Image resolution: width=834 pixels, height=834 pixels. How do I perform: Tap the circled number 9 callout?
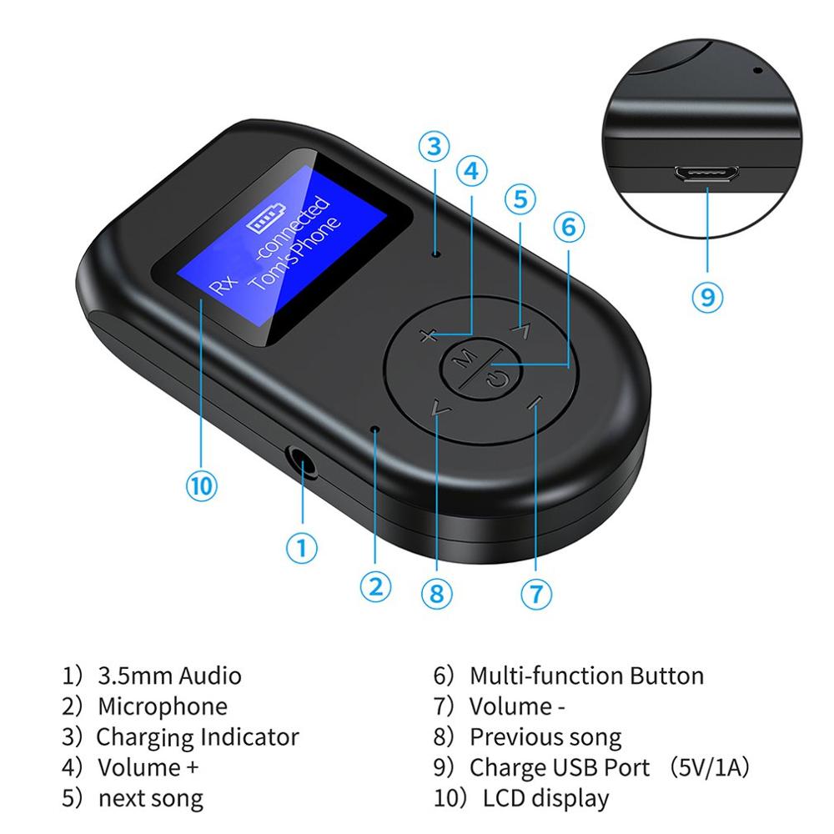click(707, 296)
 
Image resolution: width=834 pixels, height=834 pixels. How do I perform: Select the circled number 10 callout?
click(201, 485)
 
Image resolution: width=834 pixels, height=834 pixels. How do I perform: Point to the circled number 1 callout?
click(302, 547)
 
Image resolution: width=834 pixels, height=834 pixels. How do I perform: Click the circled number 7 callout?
click(536, 593)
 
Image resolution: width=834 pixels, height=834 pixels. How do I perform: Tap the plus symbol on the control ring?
click(429, 336)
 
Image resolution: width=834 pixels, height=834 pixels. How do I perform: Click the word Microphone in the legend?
click(162, 706)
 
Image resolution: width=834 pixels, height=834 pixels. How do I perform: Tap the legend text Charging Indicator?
click(197, 737)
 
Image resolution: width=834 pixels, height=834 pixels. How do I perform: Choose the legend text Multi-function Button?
click(586, 676)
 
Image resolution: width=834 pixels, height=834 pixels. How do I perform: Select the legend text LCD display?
click(546, 798)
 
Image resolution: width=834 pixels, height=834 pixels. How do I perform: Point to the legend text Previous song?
click(545, 737)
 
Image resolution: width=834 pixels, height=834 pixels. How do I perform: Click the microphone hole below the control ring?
click(375, 430)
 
